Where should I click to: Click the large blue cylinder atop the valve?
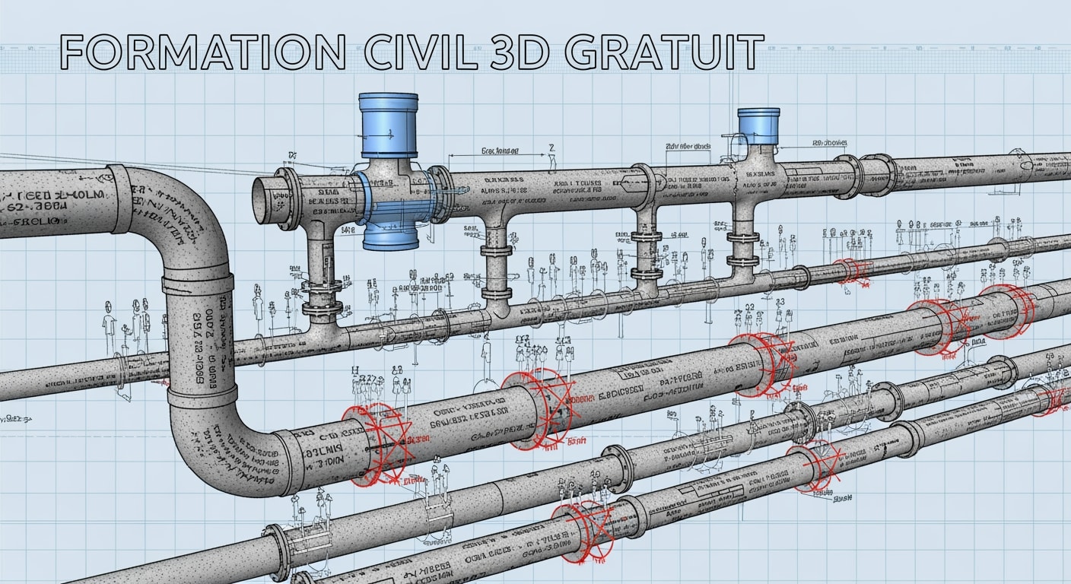[x=388, y=125]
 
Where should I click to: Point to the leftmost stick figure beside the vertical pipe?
[x=109, y=319]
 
